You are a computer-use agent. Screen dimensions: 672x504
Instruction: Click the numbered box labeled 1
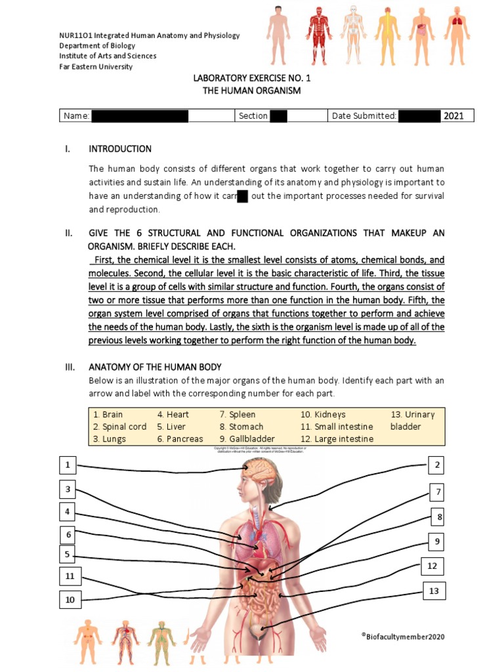(67, 465)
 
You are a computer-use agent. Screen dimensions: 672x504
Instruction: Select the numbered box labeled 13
(433, 591)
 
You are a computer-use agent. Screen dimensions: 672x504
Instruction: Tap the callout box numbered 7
(439, 492)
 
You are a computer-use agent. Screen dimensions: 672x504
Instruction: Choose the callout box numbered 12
(431, 566)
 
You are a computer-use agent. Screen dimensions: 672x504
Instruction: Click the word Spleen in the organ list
(242, 415)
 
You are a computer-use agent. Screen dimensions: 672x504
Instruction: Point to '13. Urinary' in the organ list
(413, 415)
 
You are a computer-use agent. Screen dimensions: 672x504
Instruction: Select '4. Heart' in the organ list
(173, 415)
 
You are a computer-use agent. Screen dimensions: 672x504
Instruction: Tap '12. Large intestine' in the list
(337, 438)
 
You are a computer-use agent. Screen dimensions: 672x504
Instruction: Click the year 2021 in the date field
(453, 116)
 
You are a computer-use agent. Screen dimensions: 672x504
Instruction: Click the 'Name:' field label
(76, 116)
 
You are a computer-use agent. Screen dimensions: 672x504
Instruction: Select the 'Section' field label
(253, 116)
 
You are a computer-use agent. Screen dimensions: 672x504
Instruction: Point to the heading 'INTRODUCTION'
(120, 149)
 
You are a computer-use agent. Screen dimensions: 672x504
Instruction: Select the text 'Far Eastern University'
(96, 66)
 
